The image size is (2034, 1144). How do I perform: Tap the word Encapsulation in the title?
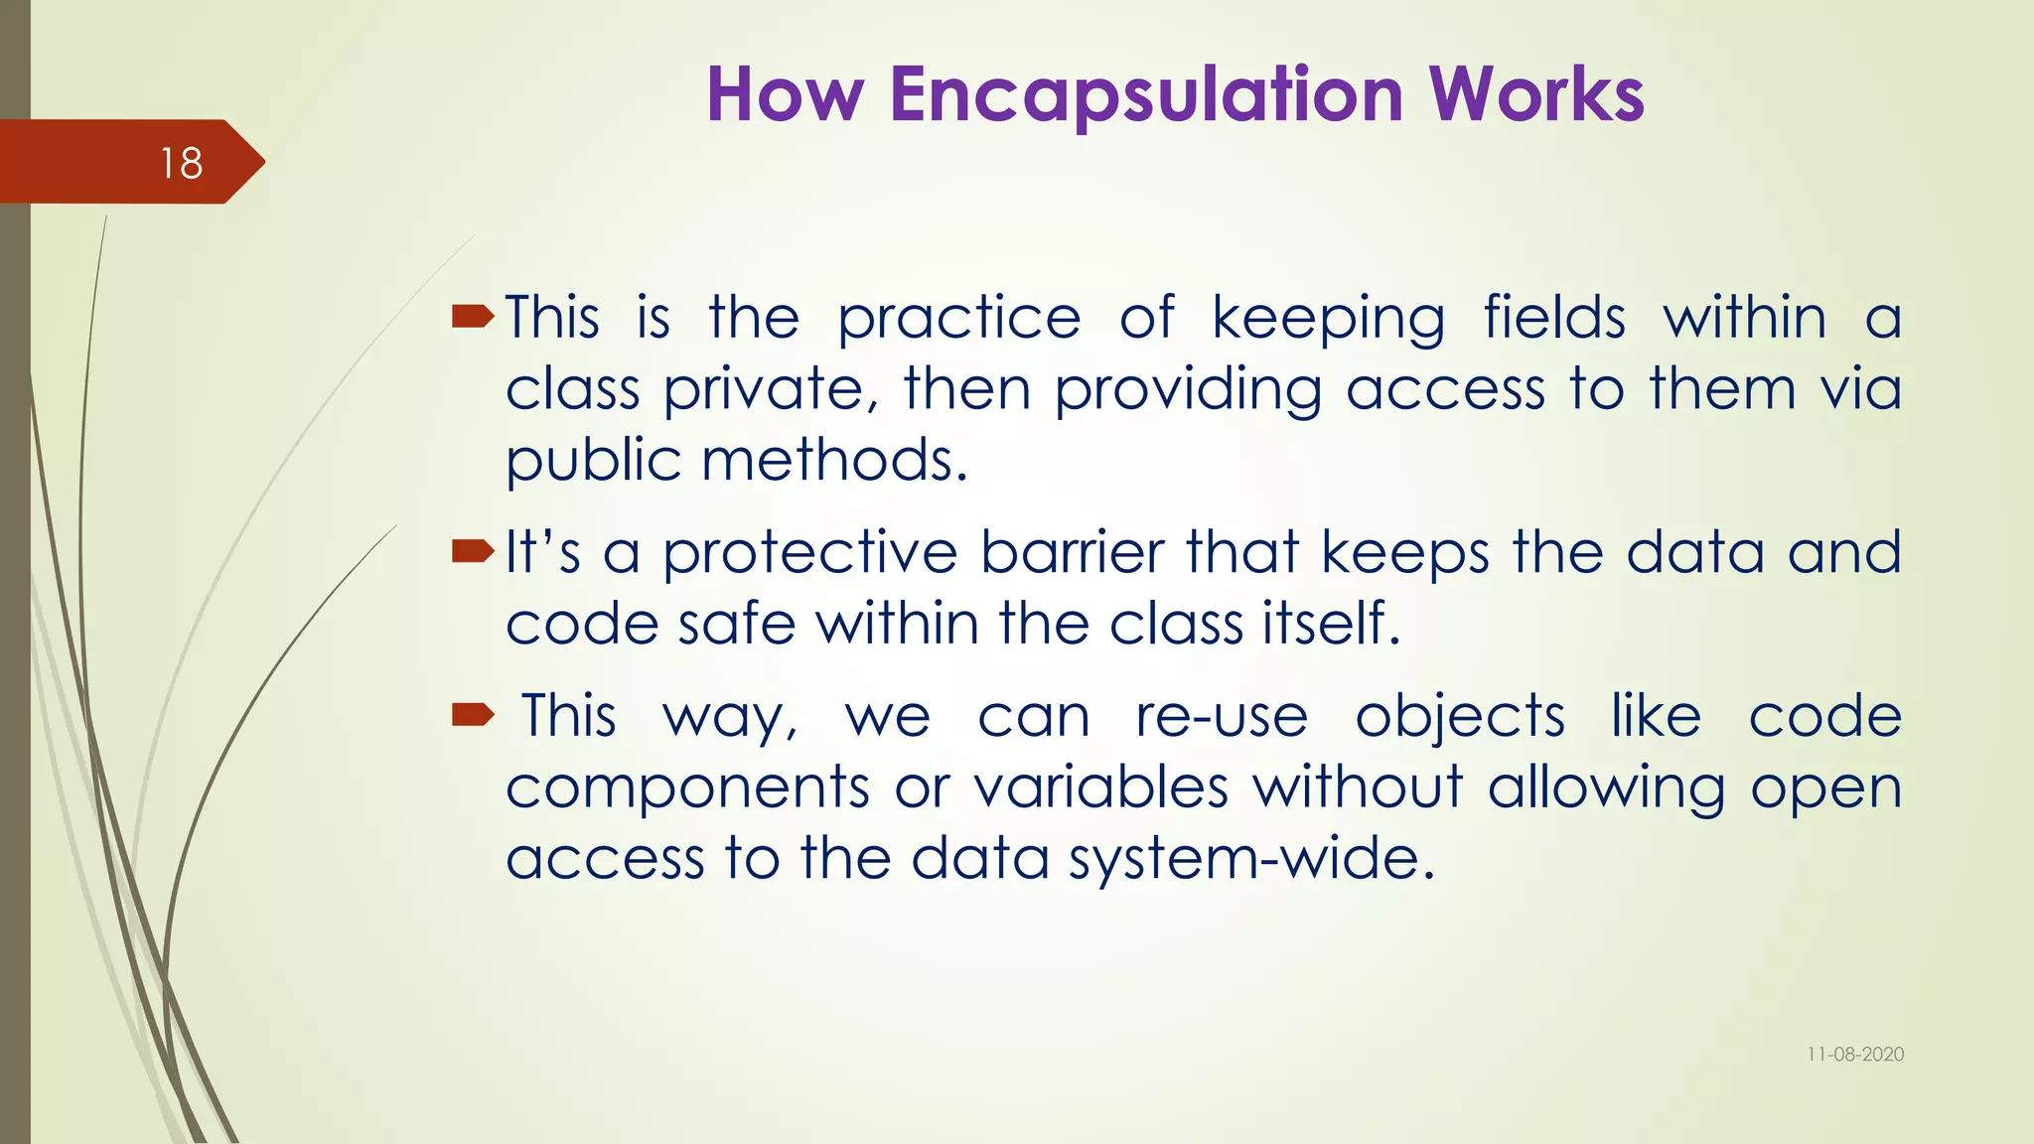pos(1146,94)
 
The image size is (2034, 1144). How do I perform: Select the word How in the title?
pos(785,94)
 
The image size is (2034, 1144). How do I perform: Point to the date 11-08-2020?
pos(1854,1055)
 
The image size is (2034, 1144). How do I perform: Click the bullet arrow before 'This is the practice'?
pos(472,317)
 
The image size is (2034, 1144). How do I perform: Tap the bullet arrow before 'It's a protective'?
pos(472,551)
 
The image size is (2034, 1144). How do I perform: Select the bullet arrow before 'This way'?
pos(472,714)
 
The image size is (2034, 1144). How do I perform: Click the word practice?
pos(958,320)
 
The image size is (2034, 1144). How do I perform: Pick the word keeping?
pos(1328,320)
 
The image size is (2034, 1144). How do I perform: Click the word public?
pos(593,462)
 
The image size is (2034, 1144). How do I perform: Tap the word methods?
pos(833,462)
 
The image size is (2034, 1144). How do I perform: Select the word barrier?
pos(1072,552)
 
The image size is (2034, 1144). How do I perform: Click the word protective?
pos(810,554)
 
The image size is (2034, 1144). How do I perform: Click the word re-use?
pos(1222,716)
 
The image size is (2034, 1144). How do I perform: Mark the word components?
pos(687,789)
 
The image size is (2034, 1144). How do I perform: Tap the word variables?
pos(1100,787)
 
